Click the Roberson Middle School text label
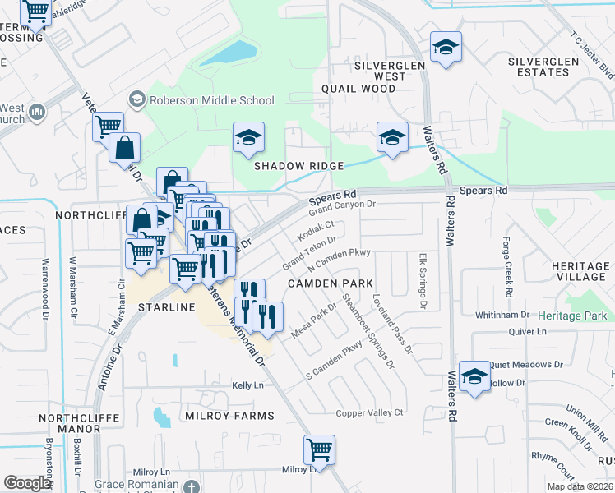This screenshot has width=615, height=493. coord(211,100)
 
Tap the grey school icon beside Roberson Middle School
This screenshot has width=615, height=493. coord(136,100)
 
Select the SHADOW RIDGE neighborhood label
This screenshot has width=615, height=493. coord(298,166)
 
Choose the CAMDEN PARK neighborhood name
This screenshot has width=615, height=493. coord(326,283)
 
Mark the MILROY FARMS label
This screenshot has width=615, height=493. coord(230,416)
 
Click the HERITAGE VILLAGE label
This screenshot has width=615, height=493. coord(580,272)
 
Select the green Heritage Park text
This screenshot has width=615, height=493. coord(573,316)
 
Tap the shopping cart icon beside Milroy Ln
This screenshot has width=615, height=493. coord(319,449)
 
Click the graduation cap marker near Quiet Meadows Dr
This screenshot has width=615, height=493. coord(474,376)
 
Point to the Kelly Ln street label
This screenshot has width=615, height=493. coord(247,385)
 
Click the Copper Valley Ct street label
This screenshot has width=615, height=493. coord(370,412)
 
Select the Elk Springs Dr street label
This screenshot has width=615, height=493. coord(423,281)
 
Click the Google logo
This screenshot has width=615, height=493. coord(27,482)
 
